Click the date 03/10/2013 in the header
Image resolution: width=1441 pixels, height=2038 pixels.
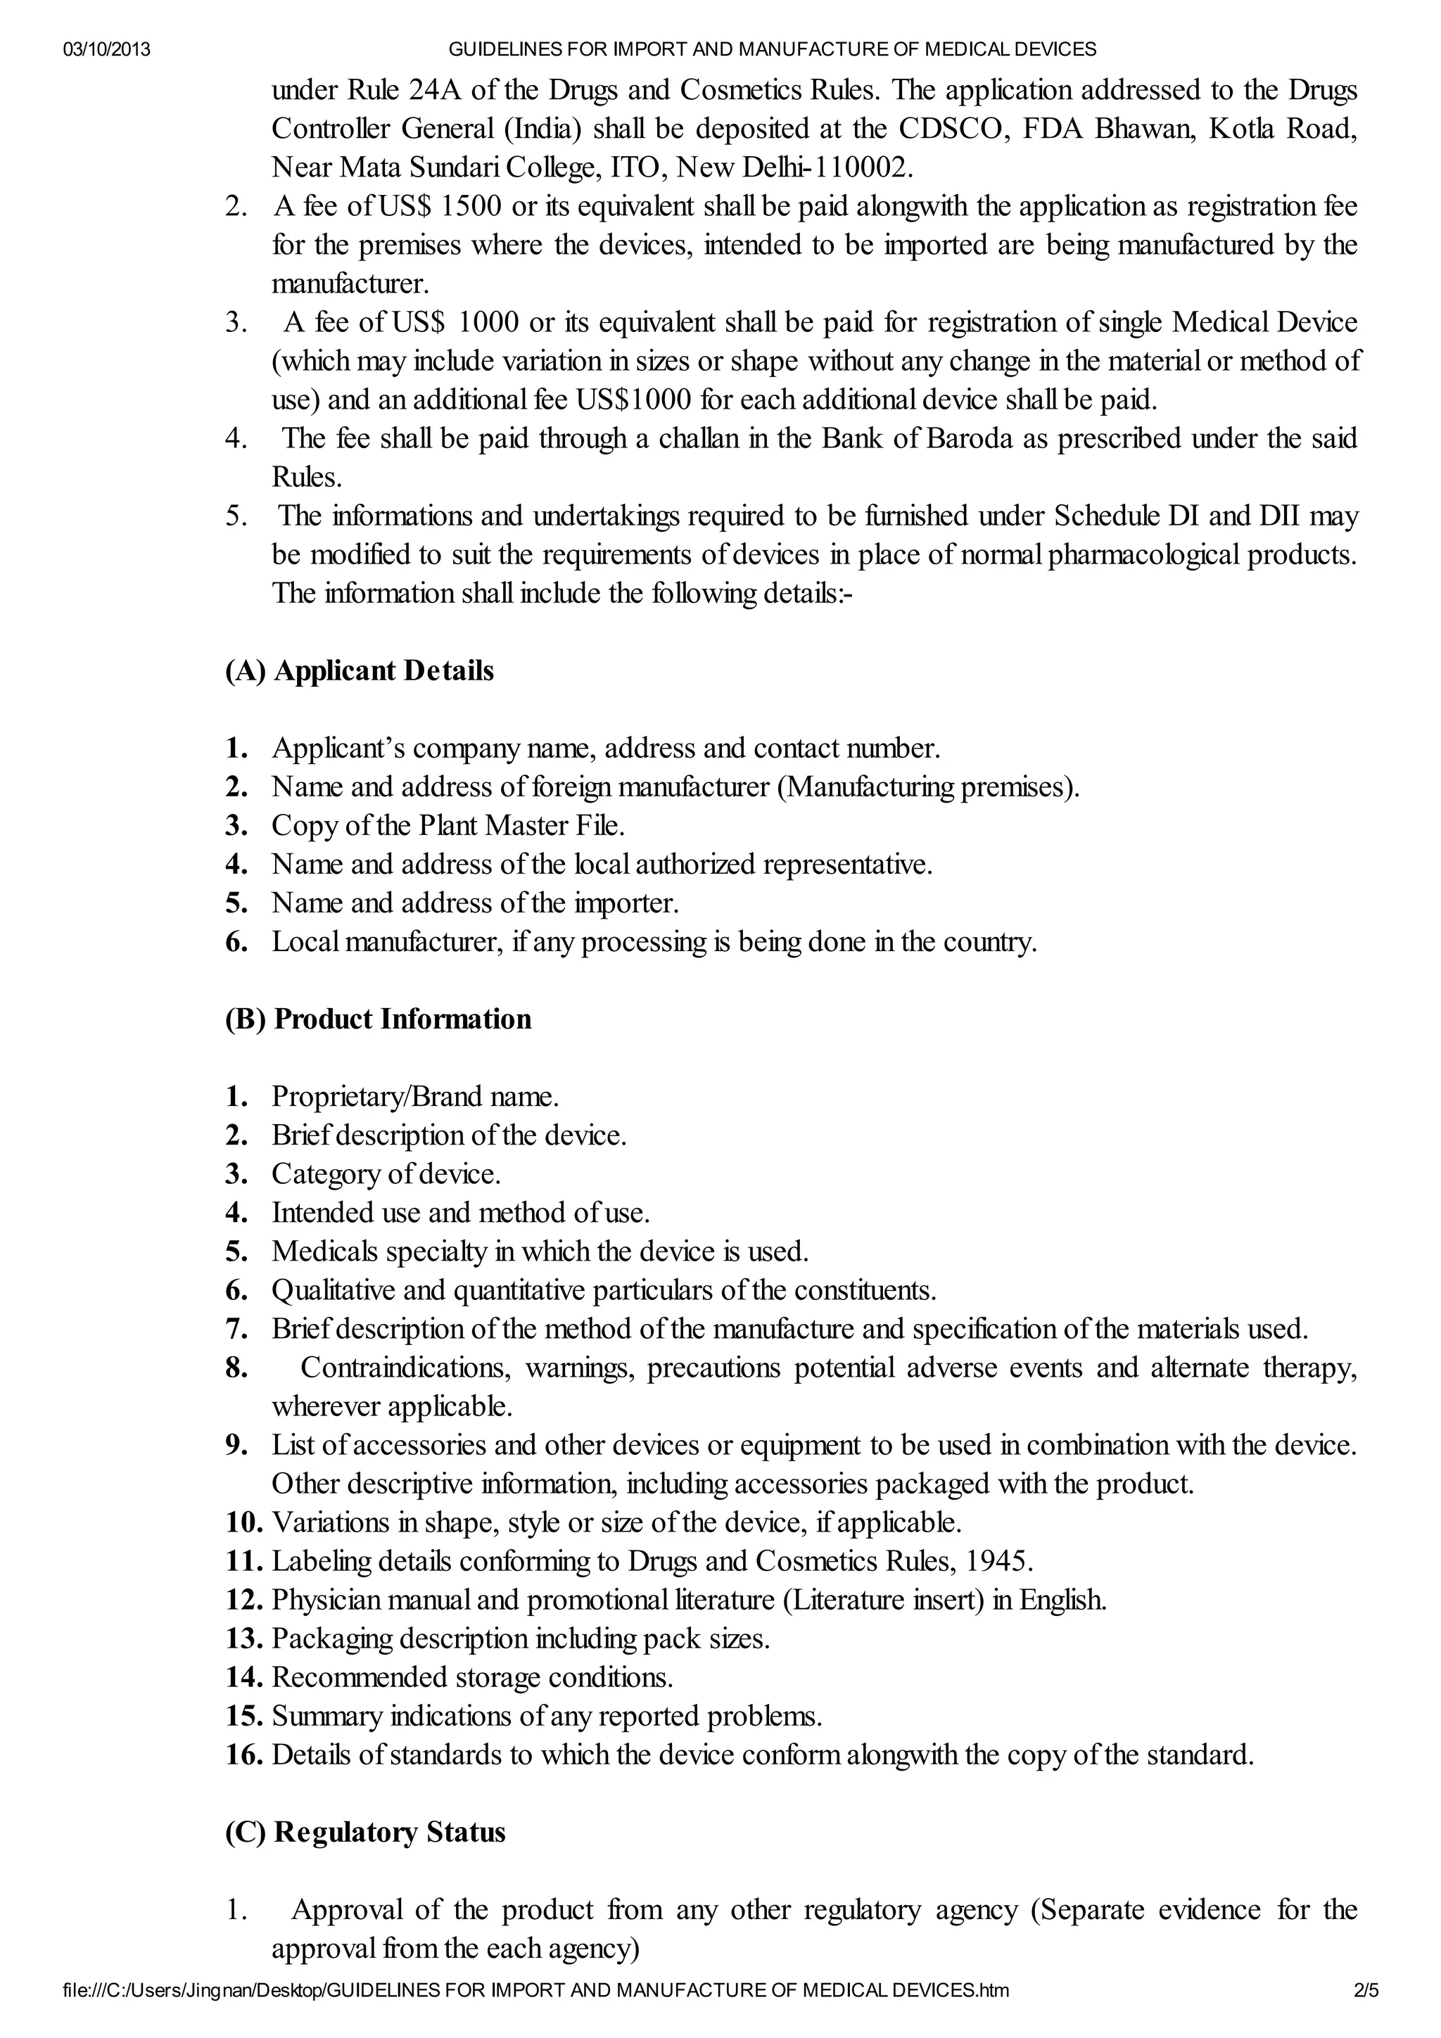click(106, 50)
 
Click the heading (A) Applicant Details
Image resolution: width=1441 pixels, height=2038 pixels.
click(360, 671)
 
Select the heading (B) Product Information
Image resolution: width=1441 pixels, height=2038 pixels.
click(379, 1019)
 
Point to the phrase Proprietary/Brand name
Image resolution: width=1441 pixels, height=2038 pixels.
click(414, 1097)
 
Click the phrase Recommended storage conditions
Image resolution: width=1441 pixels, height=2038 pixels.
click(471, 1678)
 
